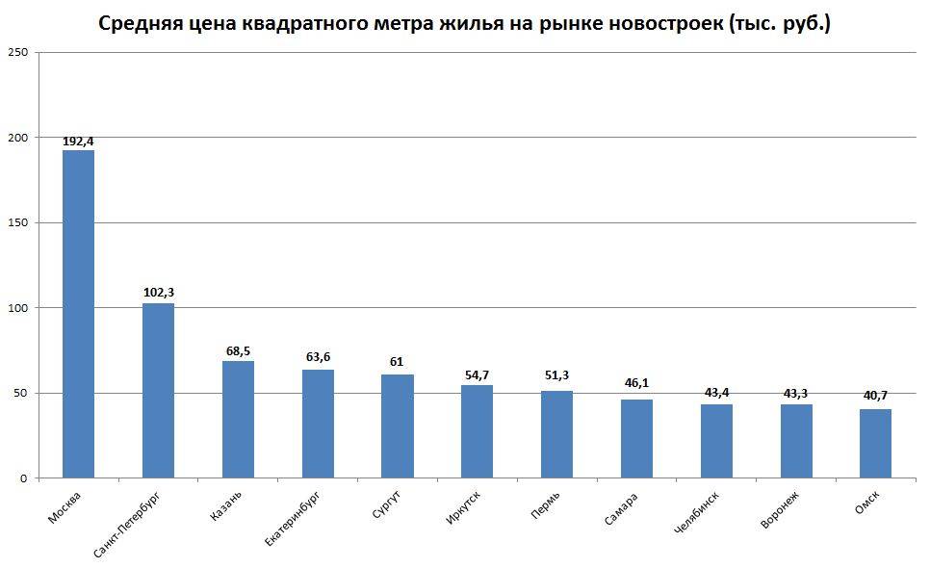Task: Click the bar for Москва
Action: (x=78, y=314)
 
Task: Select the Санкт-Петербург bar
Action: (x=158, y=390)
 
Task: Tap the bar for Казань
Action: (x=238, y=419)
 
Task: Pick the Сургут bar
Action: (x=398, y=426)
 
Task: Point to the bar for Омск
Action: (x=875, y=443)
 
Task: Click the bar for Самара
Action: (x=636, y=438)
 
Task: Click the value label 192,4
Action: (x=78, y=142)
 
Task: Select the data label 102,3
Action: (x=158, y=293)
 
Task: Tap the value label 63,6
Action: (x=318, y=357)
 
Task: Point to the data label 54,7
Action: (x=477, y=374)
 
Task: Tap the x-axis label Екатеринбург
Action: (x=293, y=518)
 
